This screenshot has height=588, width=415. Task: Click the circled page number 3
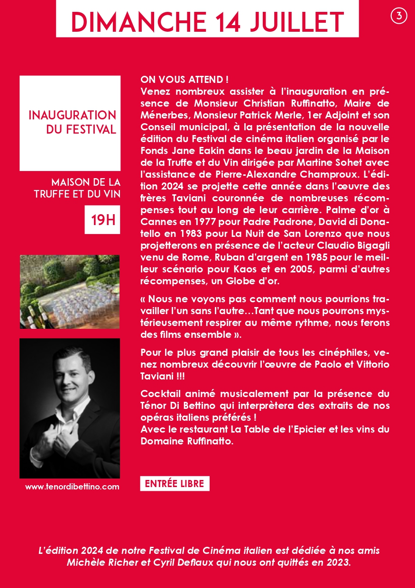[399, 16]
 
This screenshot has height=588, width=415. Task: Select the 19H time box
[102, 220]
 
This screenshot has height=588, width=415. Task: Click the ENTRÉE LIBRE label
[175, 484]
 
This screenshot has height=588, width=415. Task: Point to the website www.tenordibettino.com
[72, 487]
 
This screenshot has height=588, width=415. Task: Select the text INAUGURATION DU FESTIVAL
[72, 122]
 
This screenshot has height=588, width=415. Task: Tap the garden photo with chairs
[70, 292]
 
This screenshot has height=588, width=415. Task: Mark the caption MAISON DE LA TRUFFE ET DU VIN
[77, 188]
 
